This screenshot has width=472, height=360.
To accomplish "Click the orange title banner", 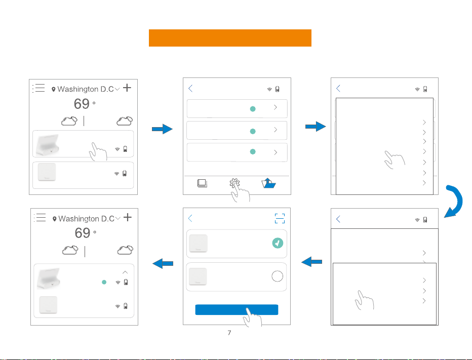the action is [x=230, y=38].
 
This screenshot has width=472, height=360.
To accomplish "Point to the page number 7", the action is [x=229, y=333].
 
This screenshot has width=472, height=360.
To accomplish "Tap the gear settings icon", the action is [x=234, y=183].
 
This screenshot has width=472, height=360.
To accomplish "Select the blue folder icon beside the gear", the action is [x=268, y=183].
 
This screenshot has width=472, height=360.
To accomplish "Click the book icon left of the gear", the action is [x=202, y=183].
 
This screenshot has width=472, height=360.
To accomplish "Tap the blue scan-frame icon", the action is [x=280, y=219].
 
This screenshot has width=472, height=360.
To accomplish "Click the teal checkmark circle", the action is [x=278, y=243].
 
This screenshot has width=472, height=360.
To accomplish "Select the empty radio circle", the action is [x=277, y=276].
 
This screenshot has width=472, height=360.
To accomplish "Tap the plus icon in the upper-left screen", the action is [x=127, y=88].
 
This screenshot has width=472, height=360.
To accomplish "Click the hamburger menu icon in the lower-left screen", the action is [x=40, y=218].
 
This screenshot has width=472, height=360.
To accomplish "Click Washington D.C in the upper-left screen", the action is [x=86, y=89].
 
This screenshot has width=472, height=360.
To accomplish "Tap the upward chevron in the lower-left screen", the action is [x=125, y=272].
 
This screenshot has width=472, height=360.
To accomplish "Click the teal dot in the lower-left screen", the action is [x=104, y=282].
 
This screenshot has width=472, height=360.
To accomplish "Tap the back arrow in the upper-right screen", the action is [x=338, y=88].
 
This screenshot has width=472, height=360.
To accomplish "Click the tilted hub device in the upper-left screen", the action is [x=47, y=145].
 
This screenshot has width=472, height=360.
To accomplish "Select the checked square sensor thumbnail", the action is [x=198, y=243].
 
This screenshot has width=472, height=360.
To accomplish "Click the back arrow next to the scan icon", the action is [x=190, y=218].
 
